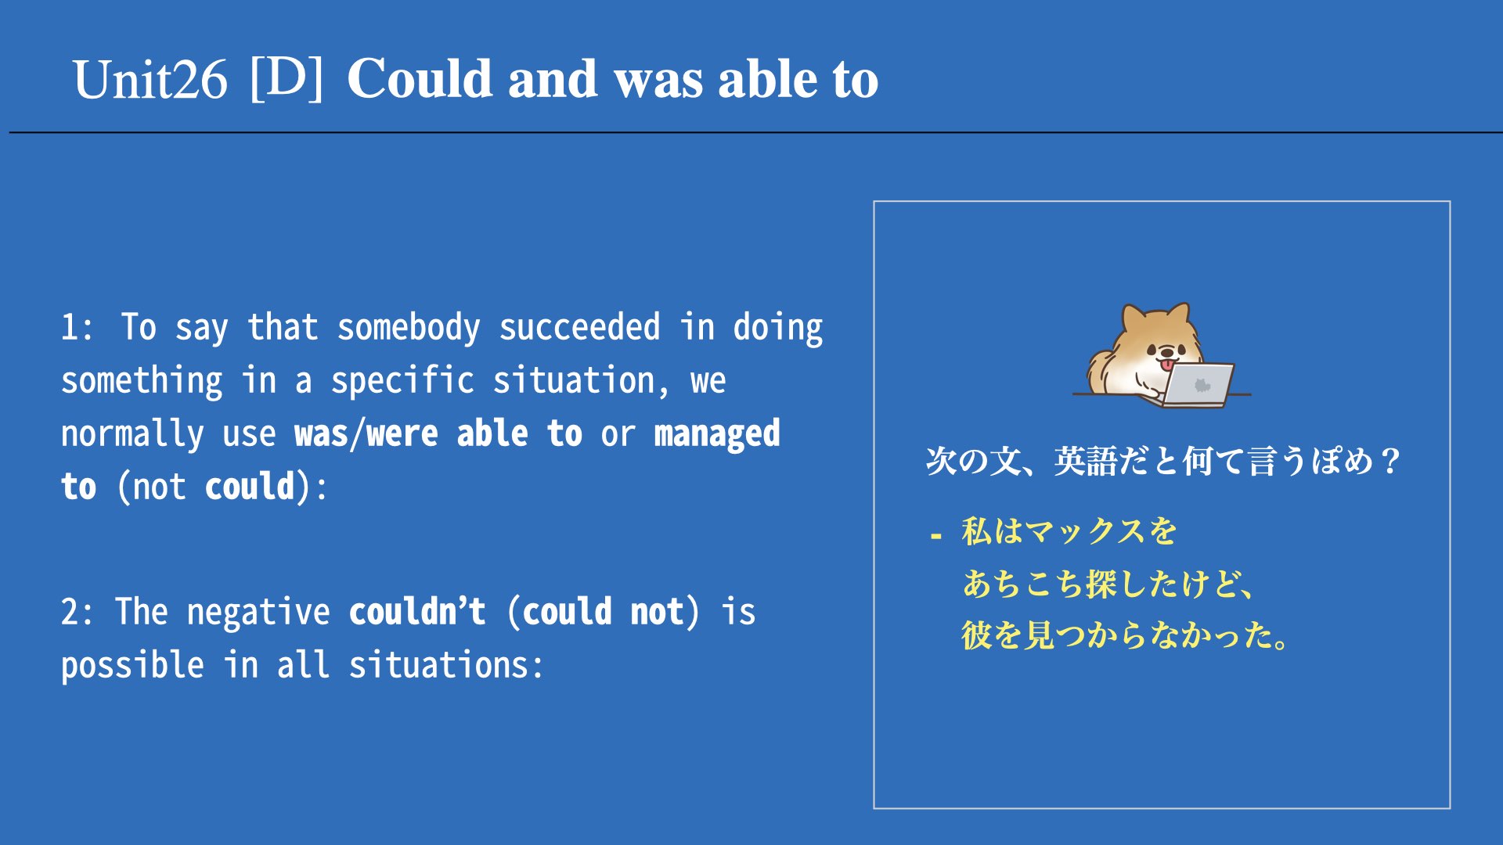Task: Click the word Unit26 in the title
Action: click(x=150, y=80)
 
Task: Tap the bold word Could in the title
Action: click(x=420, y=78)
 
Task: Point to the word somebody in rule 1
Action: click(x=409, y=327)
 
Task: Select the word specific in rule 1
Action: click(x=402, y=381)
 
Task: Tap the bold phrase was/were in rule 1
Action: click(x=366, y=433)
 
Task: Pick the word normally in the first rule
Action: click(x=132, y=434)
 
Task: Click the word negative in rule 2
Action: click(x=258, y=612)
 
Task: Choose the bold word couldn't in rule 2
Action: click(x=417, y=611)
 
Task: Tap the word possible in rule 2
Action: click(x=132, y=666)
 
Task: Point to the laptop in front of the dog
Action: click(x=1197, y=384)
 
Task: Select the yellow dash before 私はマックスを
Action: click(x=935, y=537)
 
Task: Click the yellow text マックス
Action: click(x=1085, y=531)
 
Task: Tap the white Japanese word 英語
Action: click(x=1085, y=461)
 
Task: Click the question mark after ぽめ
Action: click(x=1391, y=461)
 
